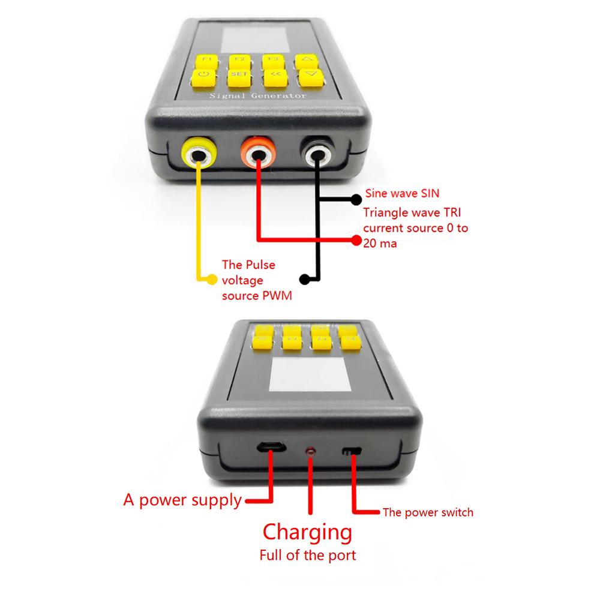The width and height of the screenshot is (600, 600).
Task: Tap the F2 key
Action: [239, 61]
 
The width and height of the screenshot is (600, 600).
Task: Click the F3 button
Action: [272, 61]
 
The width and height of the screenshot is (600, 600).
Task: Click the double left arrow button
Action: [274, 76]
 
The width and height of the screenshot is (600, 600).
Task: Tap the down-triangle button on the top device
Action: [310, 76]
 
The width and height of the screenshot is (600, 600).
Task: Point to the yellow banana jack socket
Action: [199, 155]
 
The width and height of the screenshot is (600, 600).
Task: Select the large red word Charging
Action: [307, 532]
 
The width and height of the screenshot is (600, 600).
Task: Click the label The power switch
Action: [428, 512]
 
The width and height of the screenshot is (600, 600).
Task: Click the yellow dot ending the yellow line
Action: [211, 278]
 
